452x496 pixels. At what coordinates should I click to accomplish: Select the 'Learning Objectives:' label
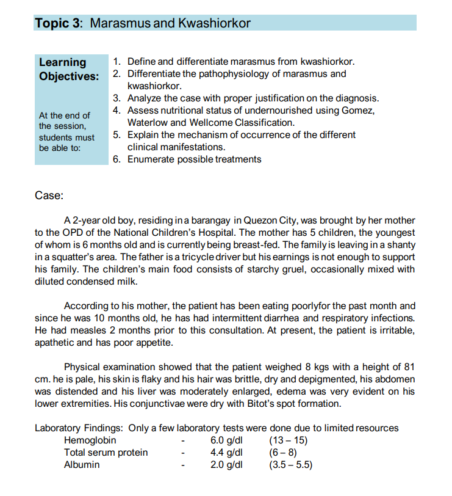[68, 69]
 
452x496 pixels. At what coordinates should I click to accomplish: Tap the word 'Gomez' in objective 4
[358, 111]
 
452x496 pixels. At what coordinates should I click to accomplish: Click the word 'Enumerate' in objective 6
[151, 159]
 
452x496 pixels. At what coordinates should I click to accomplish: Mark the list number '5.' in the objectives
[118, 135]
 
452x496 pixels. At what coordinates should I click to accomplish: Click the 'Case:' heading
[49, 196]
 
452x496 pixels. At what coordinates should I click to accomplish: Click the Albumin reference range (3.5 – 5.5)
[290, 465]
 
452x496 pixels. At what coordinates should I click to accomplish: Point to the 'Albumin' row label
[82, 465]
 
